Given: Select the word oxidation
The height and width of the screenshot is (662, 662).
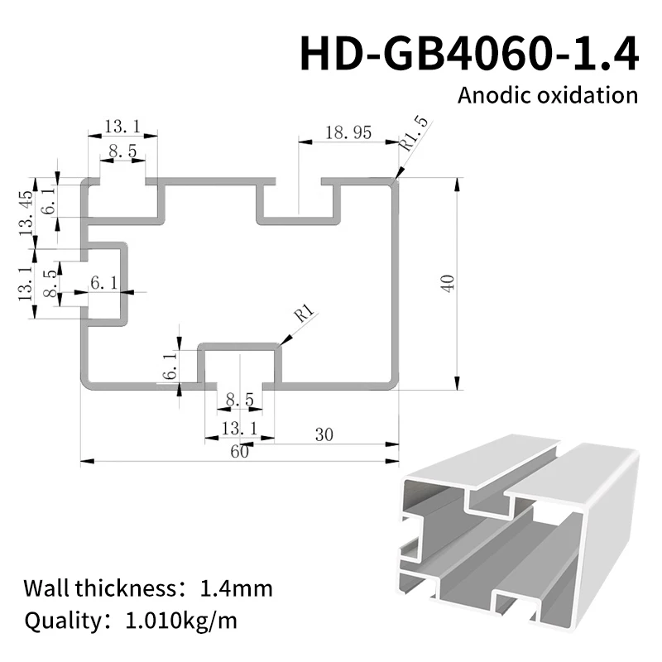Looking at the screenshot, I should (x=591, y=94).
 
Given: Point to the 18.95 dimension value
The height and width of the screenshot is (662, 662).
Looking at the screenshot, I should (x=348, y=132).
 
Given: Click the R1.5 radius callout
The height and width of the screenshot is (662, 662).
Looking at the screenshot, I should (x=414, y=133).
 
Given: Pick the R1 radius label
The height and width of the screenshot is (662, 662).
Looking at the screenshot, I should (x=304, y=315).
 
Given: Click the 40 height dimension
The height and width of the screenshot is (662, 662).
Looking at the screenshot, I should (x=448, y=284).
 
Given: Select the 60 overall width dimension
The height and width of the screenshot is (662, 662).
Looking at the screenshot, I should (x=239, y=451).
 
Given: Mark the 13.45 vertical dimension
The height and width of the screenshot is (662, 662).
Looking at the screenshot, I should (x=25, y=212).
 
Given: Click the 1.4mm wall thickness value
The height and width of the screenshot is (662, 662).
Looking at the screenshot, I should (x=236, y=589).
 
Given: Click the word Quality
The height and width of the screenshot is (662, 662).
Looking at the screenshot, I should (x=55, y=620).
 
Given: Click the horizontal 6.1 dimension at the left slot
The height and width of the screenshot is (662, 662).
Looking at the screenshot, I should (x=103, y=283).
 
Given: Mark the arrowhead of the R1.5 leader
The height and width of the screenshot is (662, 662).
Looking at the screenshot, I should (x=398, y=176).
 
